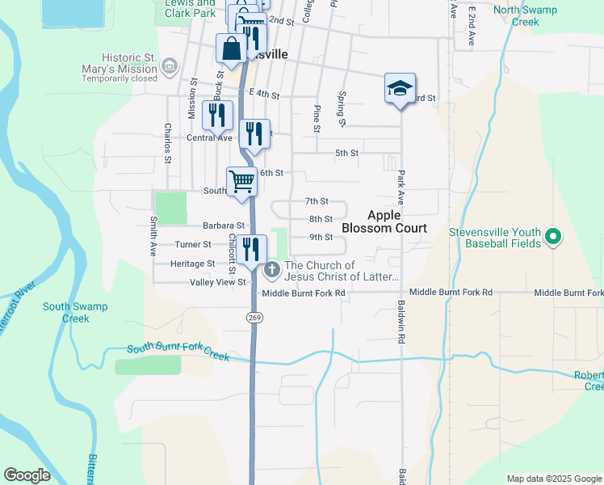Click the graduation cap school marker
400,88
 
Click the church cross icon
272,269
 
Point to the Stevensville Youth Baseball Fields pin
553,238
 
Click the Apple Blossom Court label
384,221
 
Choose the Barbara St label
224,226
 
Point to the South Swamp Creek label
75,312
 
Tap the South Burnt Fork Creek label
178,352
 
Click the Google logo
27,475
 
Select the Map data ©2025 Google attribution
553,479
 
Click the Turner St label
193,244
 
